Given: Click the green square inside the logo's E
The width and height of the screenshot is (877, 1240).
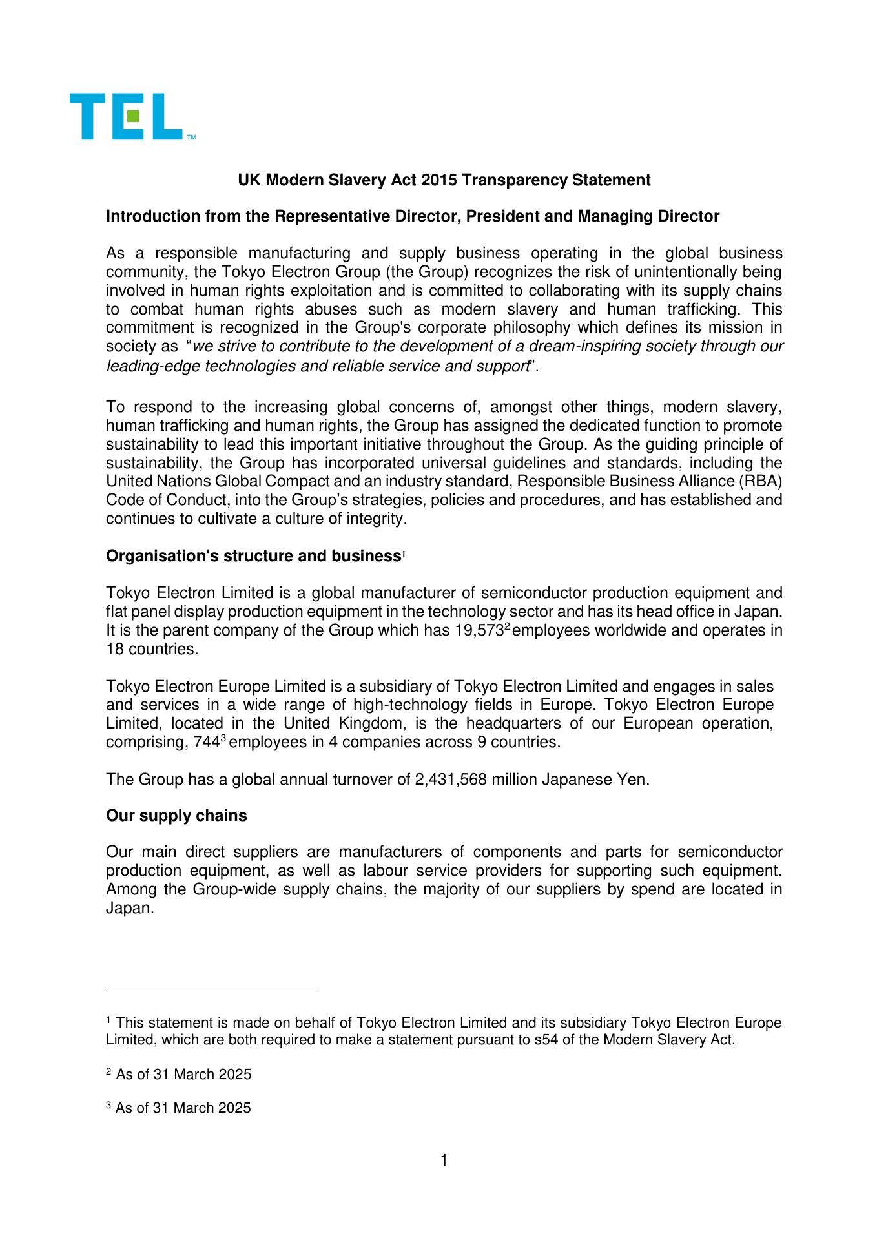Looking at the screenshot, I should click(x=132, y=116).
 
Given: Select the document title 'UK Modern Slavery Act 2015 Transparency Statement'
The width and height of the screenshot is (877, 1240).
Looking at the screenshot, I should click(x=444, y=180).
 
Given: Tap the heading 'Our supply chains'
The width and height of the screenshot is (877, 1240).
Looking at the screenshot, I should click(x=176, y=816).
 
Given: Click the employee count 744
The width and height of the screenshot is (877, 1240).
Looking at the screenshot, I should click(x=207, y=743).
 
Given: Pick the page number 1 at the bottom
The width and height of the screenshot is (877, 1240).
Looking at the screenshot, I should click(x=444, y=1161).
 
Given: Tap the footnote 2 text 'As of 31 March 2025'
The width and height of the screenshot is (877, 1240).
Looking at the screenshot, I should click(x=183, y=1075).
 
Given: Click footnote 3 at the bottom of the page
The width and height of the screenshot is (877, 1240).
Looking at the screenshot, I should click(x=178, y=1108).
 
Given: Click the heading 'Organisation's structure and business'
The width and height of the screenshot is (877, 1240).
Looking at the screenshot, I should click(x=253, y=556).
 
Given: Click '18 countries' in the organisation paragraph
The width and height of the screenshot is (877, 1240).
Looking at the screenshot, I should click(x=152, y=649).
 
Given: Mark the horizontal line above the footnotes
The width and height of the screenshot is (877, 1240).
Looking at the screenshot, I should click(x=212, y=989).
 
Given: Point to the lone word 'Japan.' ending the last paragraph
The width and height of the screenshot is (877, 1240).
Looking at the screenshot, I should click(x=130, y=908).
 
